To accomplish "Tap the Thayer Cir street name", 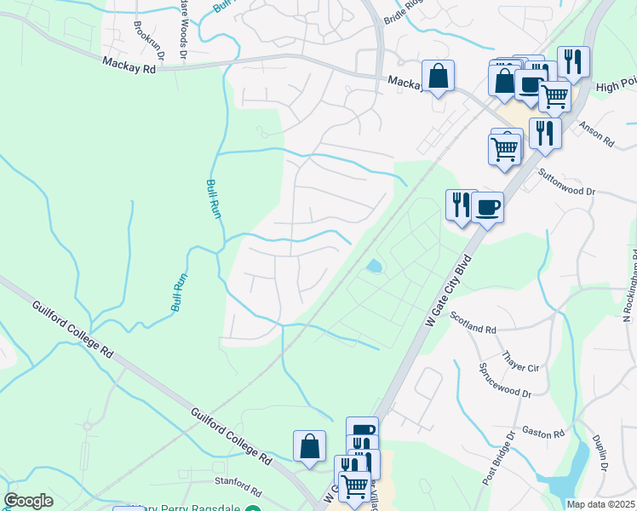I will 522,362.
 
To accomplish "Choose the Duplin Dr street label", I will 601,455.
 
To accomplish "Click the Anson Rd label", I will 596,134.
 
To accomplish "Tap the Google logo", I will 28,501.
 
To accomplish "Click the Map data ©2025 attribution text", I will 600,504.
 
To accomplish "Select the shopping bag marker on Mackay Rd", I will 438,77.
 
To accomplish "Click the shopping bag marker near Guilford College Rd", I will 309,446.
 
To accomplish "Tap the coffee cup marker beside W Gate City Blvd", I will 487,207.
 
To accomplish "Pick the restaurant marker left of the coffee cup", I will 461,205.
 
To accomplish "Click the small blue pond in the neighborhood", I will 373,267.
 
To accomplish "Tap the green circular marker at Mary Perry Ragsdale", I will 252,508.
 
